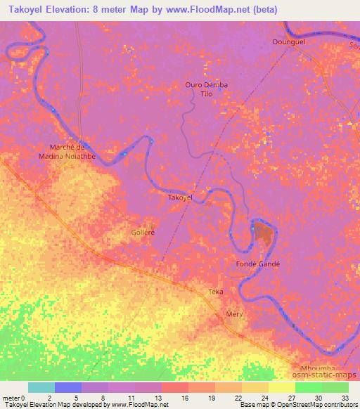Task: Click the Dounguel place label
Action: point(288,42)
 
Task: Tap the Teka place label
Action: point(215,291)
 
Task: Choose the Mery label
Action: point(234,314)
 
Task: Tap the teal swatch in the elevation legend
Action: point(41,387)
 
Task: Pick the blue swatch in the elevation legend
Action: point(68,387)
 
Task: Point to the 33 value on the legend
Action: point(344,397)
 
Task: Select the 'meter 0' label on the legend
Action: point(14,397)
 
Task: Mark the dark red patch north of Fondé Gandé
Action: point(264,232)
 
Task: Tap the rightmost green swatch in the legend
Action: point(335,387)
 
